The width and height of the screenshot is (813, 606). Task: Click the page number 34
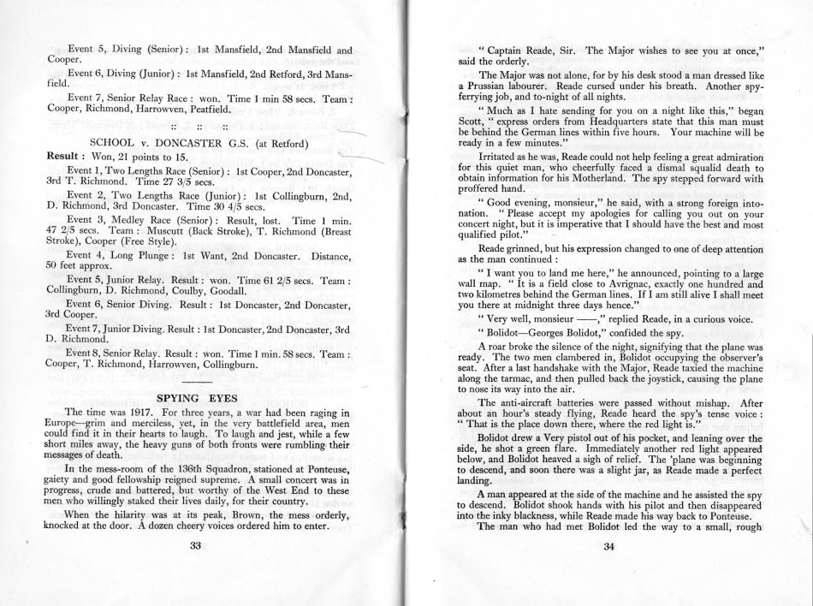click(x=609, y=549)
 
